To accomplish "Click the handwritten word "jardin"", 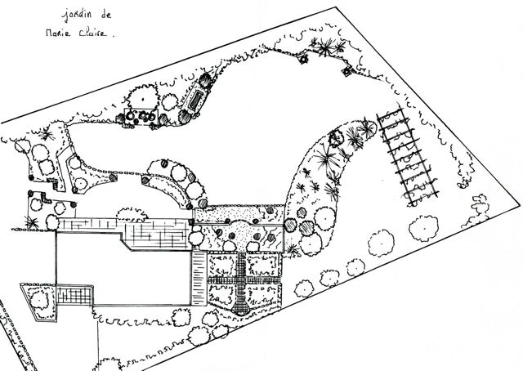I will point(77,16).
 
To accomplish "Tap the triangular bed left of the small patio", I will point(37,302).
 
